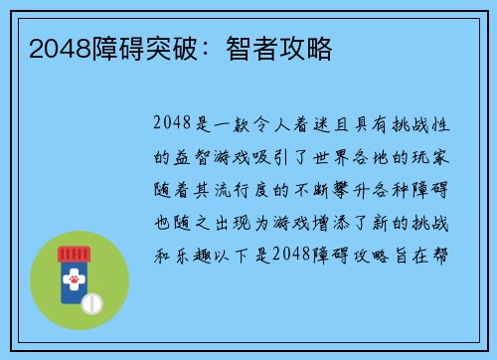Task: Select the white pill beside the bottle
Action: (x=93, y=301)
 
